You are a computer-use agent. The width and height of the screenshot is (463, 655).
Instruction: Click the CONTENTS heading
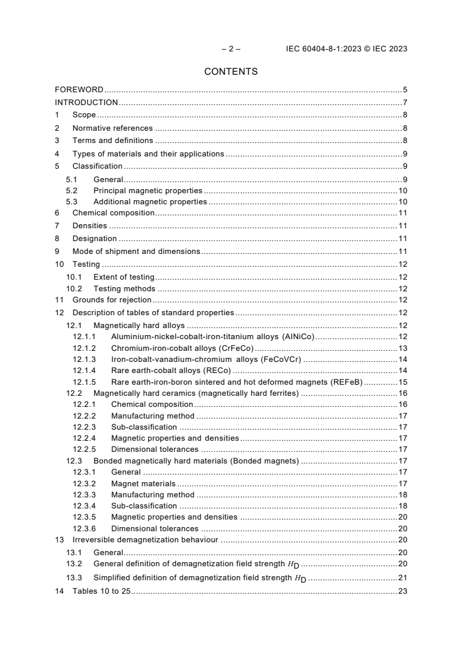click(x=231, y=72)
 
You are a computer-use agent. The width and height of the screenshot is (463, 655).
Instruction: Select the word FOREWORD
click(x=79, y=90)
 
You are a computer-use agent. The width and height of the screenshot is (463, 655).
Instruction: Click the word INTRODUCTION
click(x=86, y=103)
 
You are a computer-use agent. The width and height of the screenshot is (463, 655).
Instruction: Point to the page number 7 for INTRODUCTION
click(x=405, y=103)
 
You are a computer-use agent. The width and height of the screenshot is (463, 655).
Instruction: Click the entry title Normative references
click(x=112, y=128)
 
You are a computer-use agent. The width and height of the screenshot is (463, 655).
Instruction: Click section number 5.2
click(x=71, y=190)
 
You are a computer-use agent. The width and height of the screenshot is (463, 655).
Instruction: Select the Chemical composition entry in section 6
click(x=113, y=213)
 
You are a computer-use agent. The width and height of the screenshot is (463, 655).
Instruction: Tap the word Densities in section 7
click(x=89, y=225)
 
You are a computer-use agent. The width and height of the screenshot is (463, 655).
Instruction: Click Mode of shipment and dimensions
click(x=136, y=251)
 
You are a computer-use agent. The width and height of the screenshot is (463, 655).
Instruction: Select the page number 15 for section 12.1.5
click(x=402, y=382)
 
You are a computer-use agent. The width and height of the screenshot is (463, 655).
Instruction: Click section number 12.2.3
click(x=84, y=427)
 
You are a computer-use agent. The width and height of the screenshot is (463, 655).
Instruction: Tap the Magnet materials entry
click(x=143, y=483)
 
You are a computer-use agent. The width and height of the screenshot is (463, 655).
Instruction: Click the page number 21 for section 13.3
click(x=402, y=577)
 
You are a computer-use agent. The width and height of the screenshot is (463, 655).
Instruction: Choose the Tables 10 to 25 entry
click(x=101, y=591)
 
